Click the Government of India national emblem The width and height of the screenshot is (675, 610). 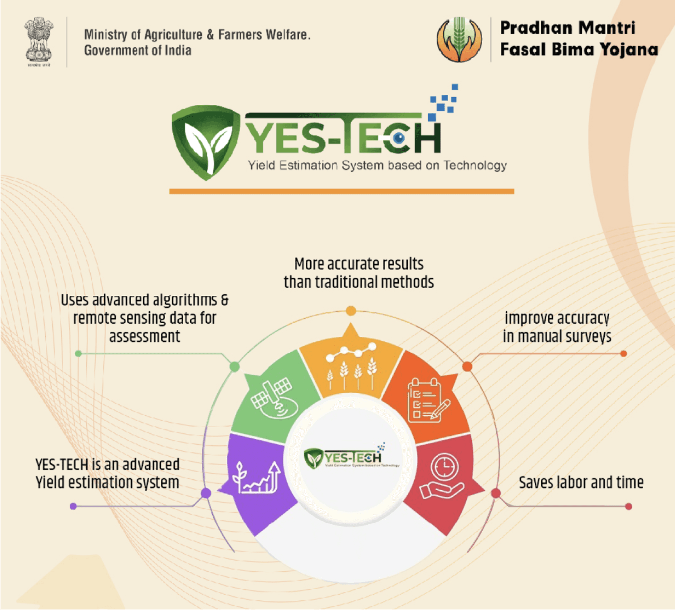[39, 41]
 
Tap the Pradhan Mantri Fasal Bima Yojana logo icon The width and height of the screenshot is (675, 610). [459, 40]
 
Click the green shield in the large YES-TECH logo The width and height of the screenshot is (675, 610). [205, 141]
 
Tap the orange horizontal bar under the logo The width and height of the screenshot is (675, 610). [341, 192]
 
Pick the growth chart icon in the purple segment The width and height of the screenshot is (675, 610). [256, 477]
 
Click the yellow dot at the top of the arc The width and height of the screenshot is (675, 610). [351, 311]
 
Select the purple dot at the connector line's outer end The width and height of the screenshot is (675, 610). [73, 506]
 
